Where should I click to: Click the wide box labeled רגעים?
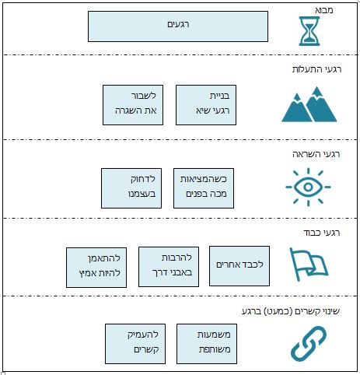(x=178, y=26)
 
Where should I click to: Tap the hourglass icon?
(x=309, y=31)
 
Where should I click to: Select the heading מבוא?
(x=324, y=10)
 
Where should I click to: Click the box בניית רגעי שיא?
(x=206, y=105)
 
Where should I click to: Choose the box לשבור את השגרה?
(x=133, y=105)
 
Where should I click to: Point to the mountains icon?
(x=309, y=104)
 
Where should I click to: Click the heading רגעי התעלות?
(x=316, y=69)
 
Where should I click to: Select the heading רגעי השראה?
(x=316, y=154)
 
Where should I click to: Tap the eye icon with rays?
(x=308, y=187)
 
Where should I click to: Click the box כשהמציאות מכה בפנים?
(x=204, y=188)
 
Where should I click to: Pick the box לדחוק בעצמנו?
(x=131, y=188)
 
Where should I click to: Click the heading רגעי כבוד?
(x=321, y=233)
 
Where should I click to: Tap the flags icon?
(x=309, y=264)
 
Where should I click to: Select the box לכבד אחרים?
(x=239, y=266)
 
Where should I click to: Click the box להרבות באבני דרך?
(x=169, y=267)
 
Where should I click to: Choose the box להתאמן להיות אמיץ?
(x=96, y=268)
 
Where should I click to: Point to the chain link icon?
(x=309, y=343)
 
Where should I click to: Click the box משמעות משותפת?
(x=207, y=344)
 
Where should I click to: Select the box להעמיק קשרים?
(x=135, y=344)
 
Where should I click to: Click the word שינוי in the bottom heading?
(x=330, y=311)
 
